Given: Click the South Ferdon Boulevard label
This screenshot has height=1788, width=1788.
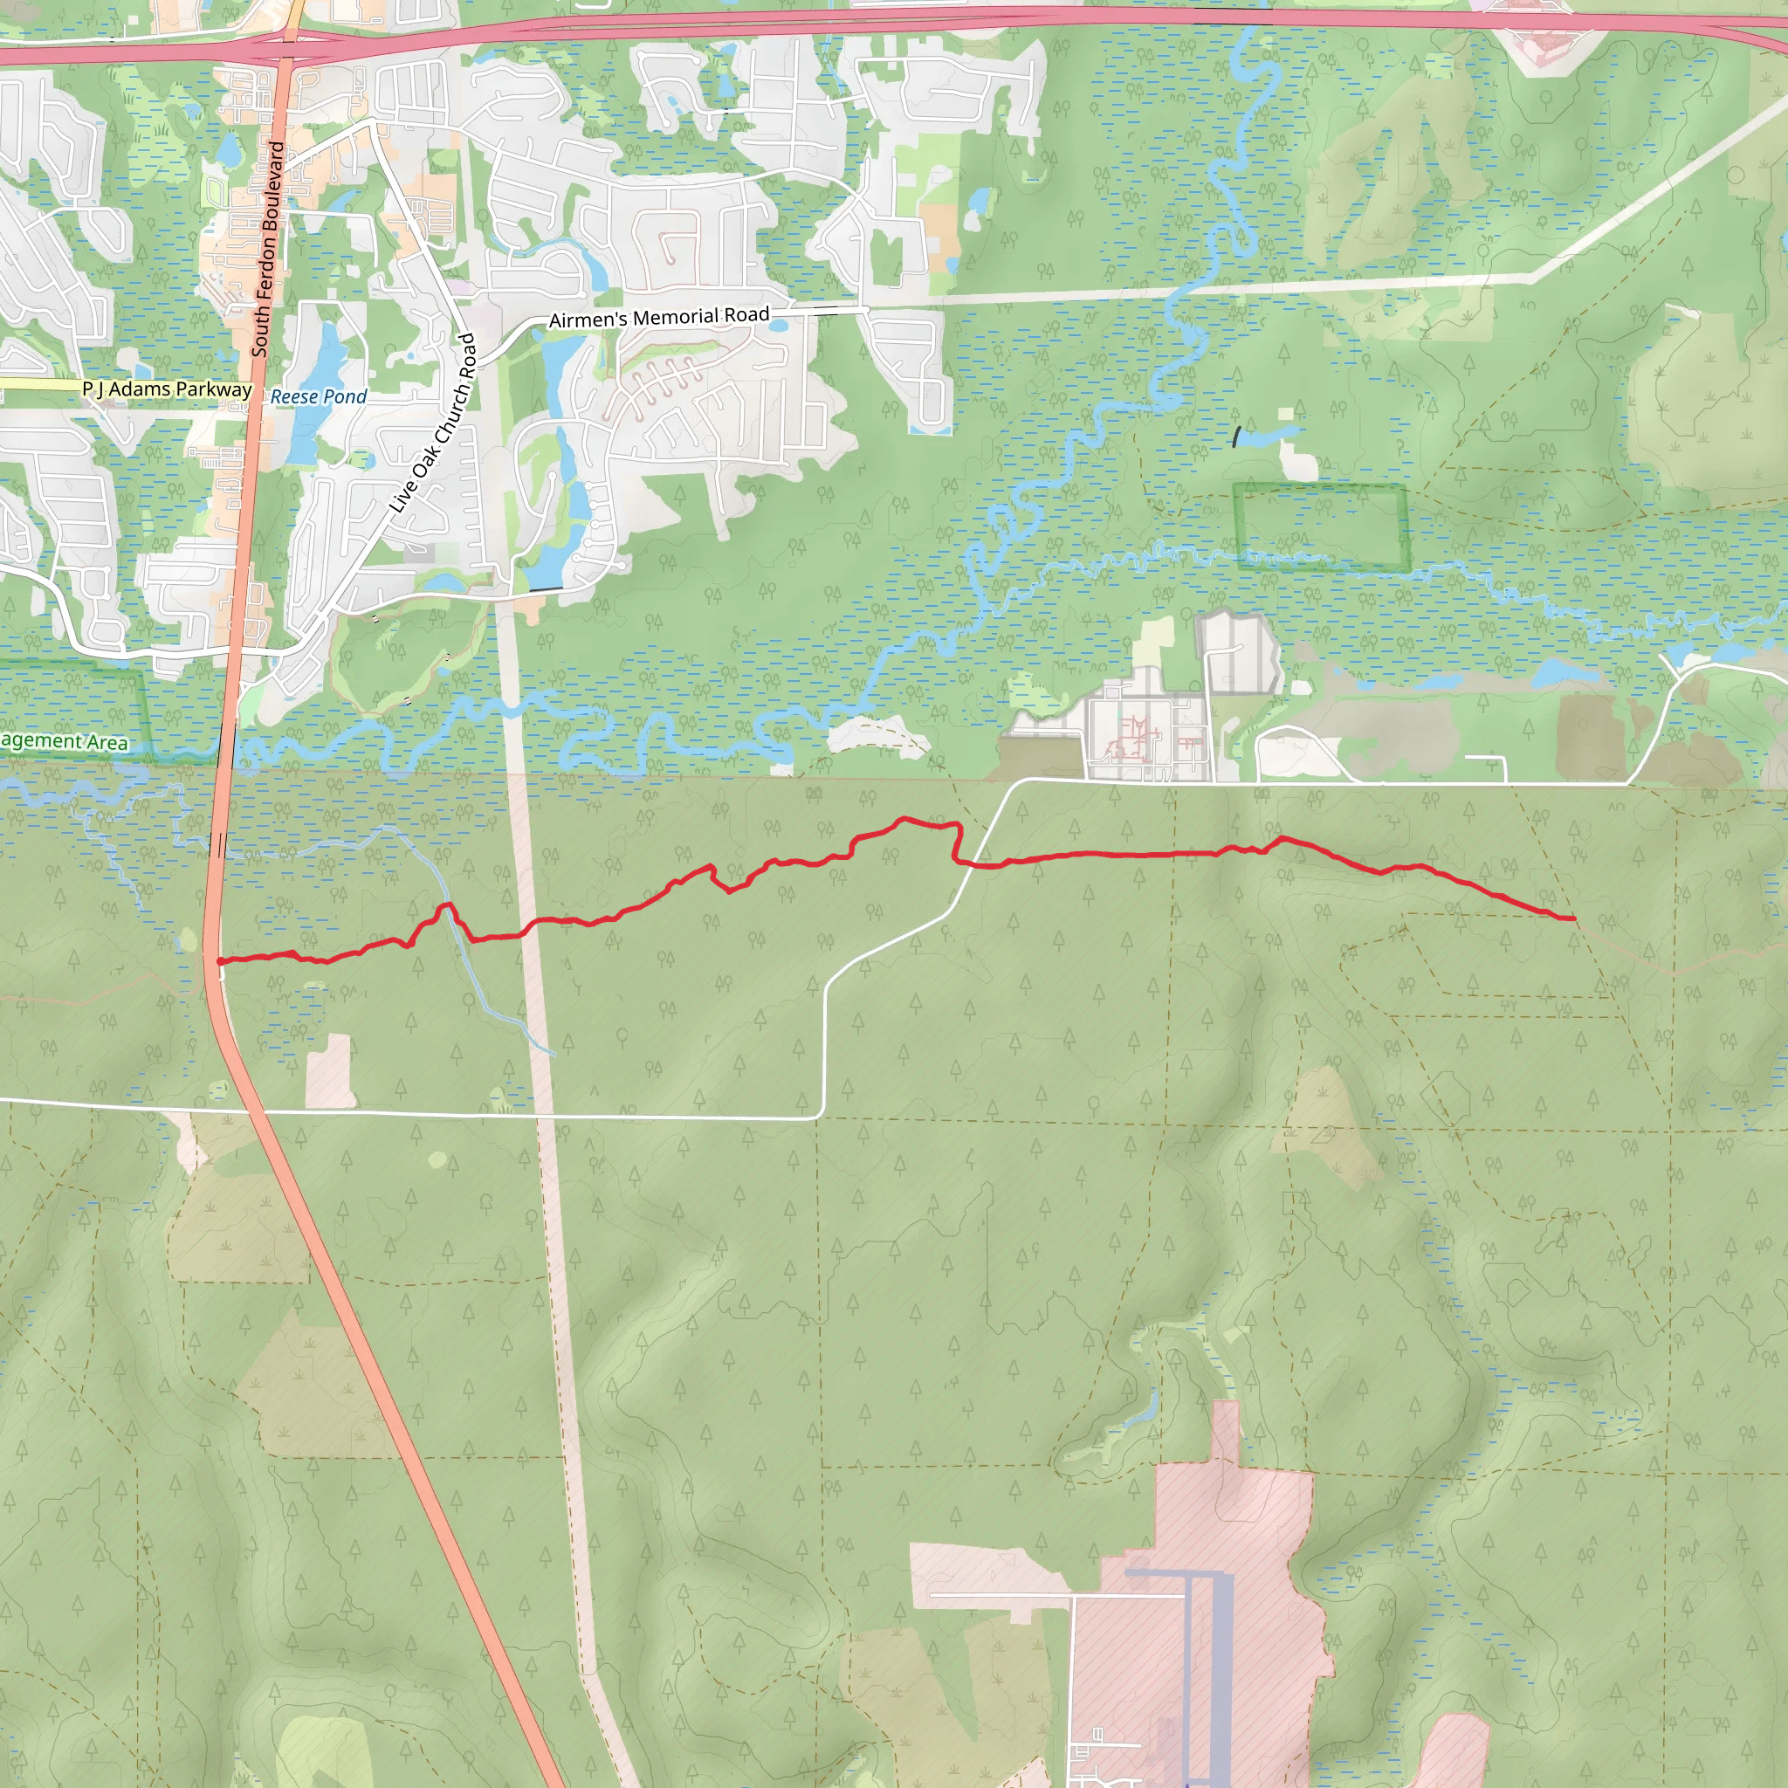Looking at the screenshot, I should [x=267, y=249].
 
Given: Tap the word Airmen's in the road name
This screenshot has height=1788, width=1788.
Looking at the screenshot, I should [x=588, y=320].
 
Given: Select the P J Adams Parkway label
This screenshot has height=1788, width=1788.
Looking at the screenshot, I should [x=167, y=389].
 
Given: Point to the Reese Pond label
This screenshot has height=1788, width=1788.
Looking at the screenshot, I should [x=319, y=397].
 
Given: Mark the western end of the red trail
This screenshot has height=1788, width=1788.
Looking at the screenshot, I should [x=219, y=961].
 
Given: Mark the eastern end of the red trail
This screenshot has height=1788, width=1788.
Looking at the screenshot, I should [x=1573, y=918].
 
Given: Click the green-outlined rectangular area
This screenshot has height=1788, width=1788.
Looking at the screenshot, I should [x=1320, y=526].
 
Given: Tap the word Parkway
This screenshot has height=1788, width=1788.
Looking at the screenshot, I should [x=214, y=389].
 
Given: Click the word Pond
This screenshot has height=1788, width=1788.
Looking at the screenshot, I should [x=345, y=397].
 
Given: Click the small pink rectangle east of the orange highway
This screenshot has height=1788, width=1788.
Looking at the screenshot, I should [x=330, y=1069].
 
